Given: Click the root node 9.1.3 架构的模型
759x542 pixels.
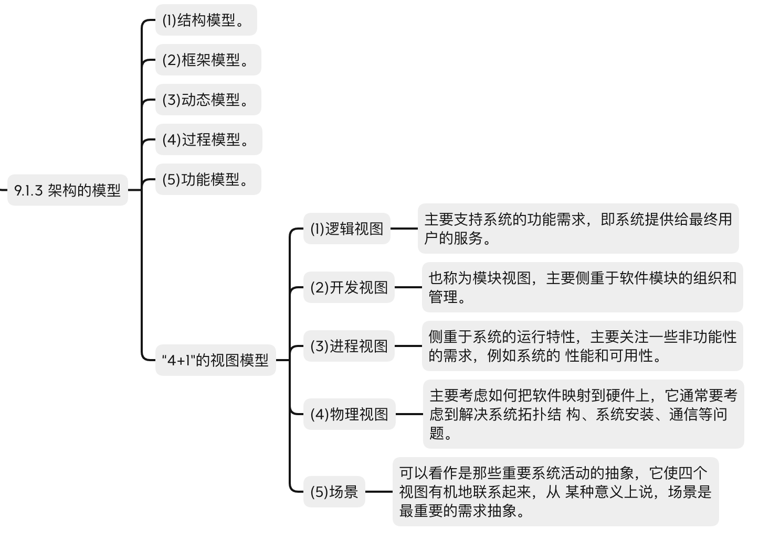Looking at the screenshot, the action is point(67,190).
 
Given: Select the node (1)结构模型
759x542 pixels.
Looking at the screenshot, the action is point(206,20).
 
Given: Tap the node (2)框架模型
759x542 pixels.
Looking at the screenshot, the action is point(208,60).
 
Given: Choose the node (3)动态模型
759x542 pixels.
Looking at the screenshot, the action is point(208,100).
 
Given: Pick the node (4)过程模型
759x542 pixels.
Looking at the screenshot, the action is point(209,139).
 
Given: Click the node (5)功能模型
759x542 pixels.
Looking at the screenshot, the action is point(208,179).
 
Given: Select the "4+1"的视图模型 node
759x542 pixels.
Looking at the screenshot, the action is point(216,360).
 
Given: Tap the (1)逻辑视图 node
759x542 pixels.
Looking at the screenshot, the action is point(346,229).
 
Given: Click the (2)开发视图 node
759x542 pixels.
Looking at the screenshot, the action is point(349,287).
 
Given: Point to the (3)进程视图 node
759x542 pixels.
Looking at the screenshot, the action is point(349,346).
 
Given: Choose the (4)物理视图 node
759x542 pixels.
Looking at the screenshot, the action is point(350,414).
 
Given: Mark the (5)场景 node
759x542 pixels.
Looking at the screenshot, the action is point(334,492).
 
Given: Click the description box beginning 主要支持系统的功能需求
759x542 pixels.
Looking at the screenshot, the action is point(578,229).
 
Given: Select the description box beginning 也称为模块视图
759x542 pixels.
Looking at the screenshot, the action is point(583,287).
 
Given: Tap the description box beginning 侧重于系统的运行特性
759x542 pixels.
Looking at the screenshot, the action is point(583,346).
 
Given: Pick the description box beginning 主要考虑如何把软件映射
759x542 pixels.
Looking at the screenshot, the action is point(584,414).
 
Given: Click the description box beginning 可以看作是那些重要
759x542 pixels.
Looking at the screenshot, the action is point(556,492).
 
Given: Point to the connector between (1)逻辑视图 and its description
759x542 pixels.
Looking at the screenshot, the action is point(404,229).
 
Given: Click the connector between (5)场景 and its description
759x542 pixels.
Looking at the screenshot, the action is point(379,492).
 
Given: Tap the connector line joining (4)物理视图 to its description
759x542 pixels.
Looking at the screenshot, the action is point(409,414).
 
